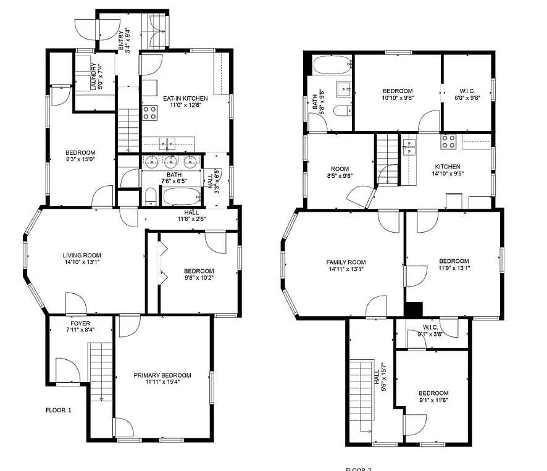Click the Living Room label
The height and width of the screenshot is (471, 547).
coord(81,255)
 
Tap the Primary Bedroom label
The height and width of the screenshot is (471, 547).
coord(162,375)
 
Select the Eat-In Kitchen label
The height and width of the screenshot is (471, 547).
coord(185,98)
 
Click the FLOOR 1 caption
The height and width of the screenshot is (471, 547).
coord(59,410)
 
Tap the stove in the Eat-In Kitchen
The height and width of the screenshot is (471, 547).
coord(149,112)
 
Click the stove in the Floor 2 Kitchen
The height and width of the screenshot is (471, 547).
coord(448,141)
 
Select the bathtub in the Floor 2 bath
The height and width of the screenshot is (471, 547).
coord(332,64)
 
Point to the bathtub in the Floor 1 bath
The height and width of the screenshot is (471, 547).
coord(181,198)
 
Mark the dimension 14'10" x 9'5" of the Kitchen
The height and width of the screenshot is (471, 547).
coord(447,173)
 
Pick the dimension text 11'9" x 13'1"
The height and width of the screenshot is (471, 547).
coord(454,268)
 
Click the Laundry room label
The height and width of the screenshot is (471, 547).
coord(94,77)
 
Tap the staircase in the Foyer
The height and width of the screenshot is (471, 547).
coord(99,370)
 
